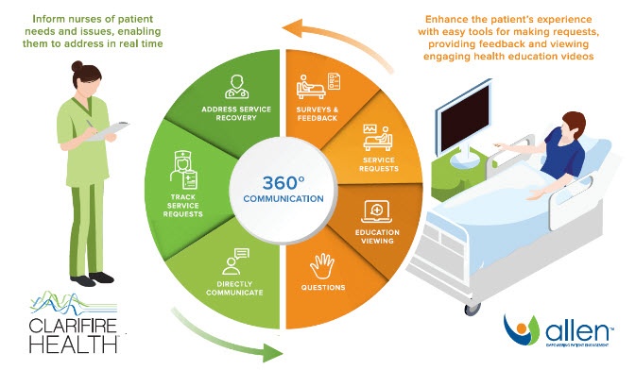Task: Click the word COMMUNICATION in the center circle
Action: (x=285, y=199)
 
